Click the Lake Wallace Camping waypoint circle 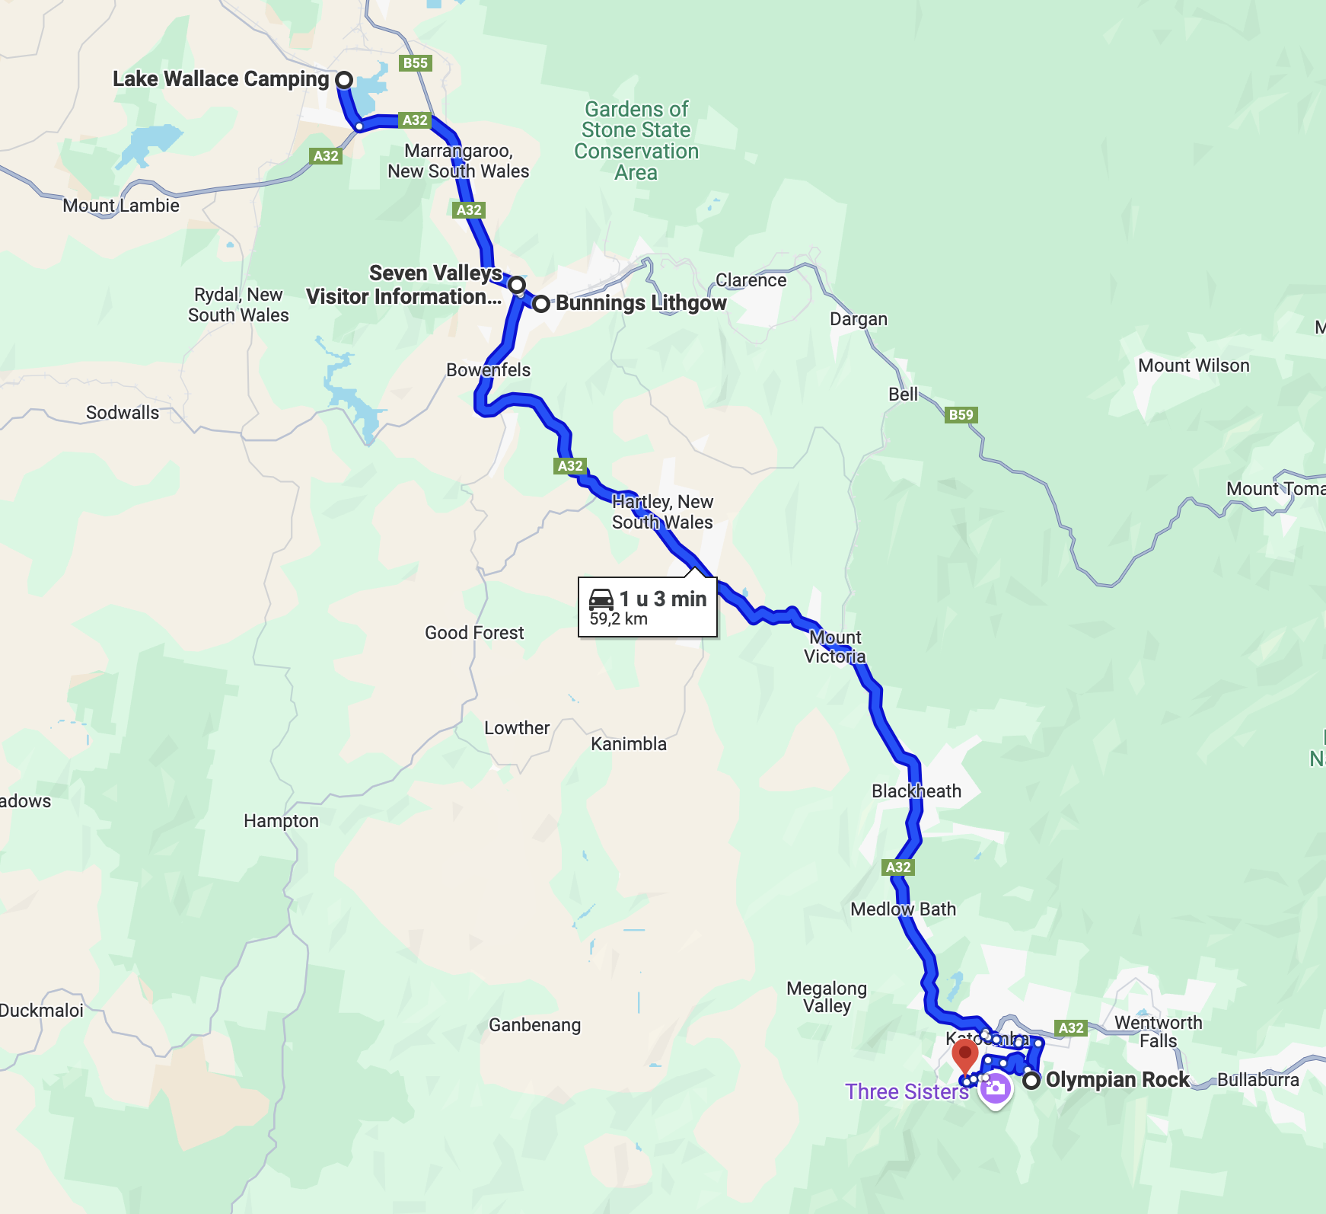[x=344, y=79]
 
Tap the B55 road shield [x=416, y=63]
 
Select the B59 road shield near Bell [x=961, y=414]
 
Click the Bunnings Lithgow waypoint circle [x=540, y=304]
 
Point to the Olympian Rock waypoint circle [x=1031, y=1080]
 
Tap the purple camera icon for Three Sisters [x=995, y=1089]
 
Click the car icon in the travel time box [x=601, y=599]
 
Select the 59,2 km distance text [x=618, y=619]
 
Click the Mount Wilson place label [x=1194, y=366]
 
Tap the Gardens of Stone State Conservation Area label [x=636, y=141]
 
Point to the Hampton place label [x=281, y=821]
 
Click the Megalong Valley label [x=827, y=997]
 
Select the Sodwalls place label [x=123, y=413]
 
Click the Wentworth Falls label [x=1158, y=1031]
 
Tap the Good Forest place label [x=474, y=633]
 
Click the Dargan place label [x=858, y=319]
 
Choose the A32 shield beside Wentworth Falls [x=1071, y=1027]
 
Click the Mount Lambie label [x=121, y=206]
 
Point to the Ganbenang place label [x=534, y=1025]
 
